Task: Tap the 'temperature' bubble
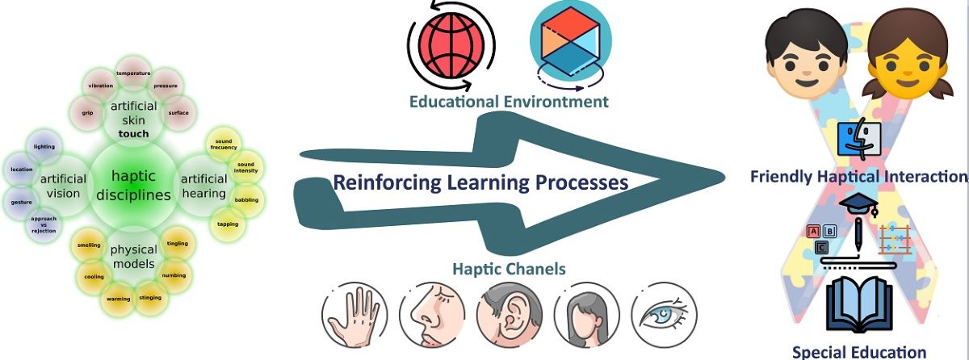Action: pyautogui.click(x=133, y=73)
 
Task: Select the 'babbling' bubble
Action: pyautogui.click(x=246, y=199)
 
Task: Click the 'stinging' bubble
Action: pyautogui.click(x=150, y=297)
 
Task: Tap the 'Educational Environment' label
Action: pyautogui.click(x=509, y=102)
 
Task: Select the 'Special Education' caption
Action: pyautogui.click(x=859, y=351)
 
